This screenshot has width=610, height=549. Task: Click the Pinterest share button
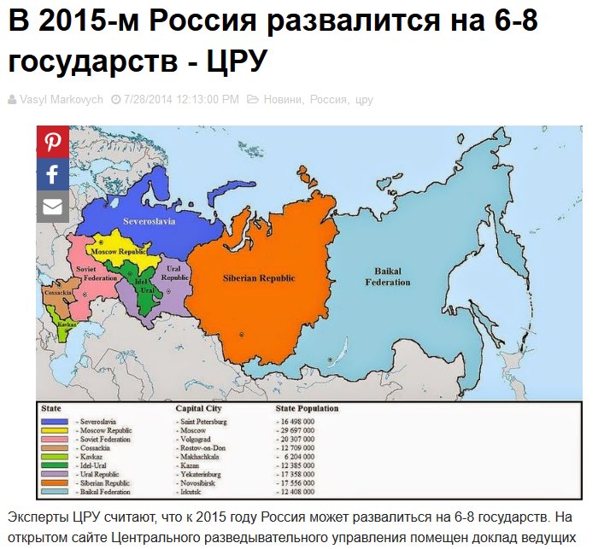click(52, 141)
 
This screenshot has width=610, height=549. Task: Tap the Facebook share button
click(52, 174)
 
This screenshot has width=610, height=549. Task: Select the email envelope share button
click(52, 207)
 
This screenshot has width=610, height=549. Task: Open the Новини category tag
click(283, 100)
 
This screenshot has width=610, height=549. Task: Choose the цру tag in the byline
click(364, 100)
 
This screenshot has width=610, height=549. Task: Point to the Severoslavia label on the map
click(147, 220)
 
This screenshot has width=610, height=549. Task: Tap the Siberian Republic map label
click(259, 278)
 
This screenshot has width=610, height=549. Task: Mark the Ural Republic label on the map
click(174, 273)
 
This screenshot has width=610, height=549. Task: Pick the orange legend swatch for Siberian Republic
click(56, 482)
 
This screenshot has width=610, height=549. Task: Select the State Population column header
click(306, 409)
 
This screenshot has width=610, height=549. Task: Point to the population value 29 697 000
click(296, 431)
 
